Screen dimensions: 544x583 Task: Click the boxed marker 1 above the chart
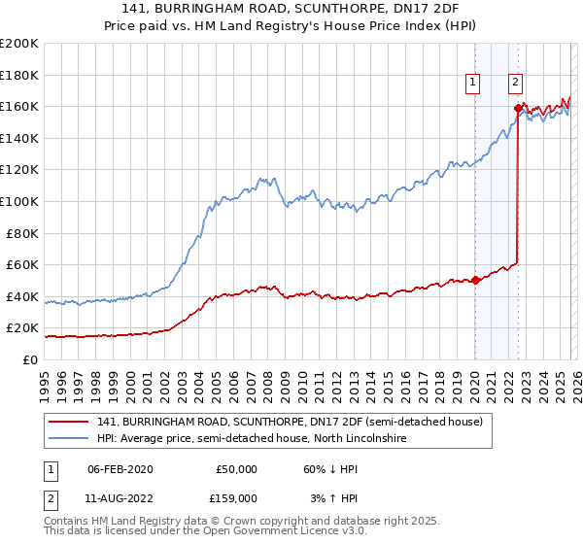tap(473, 84)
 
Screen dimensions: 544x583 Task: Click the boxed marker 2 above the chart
tap(515, 84)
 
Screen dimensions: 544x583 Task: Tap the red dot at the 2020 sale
tap(475, 281)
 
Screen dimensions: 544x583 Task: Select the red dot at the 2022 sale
tap(517, 109)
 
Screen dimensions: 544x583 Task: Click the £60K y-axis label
tap(22, 264)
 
